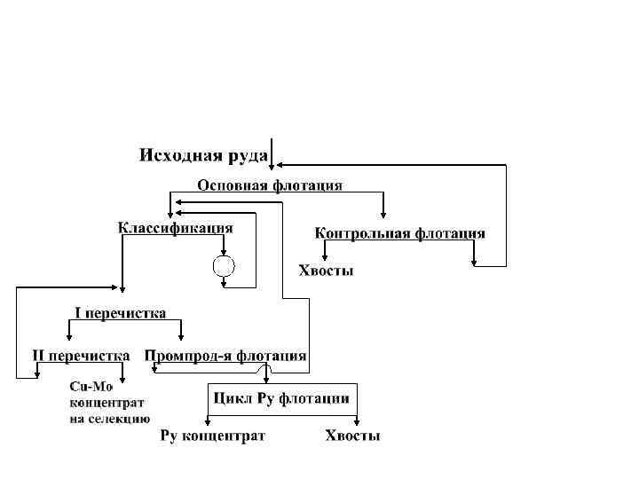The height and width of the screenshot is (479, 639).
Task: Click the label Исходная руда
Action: point(203,156)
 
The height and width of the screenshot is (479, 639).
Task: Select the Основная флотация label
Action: point(270,186)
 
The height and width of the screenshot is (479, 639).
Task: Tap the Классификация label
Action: point(176,228)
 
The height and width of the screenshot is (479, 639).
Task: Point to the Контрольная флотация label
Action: point(400,233)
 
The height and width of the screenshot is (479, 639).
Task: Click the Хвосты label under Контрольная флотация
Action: point(325,271)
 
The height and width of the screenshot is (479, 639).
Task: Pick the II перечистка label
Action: point(81,356)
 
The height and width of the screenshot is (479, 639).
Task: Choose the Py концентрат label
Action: point(212,436)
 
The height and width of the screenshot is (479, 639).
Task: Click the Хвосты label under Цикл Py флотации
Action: point(352,436)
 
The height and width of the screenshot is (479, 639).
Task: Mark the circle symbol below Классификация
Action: point(224,265)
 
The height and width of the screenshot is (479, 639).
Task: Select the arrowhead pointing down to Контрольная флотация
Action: point(383,215)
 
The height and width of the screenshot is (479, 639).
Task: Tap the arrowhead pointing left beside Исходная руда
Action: point(279,165)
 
